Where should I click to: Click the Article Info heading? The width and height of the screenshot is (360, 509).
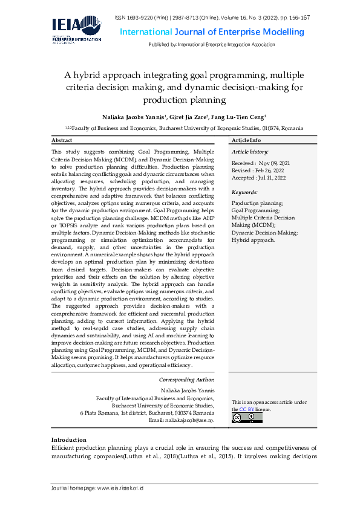(246, 140)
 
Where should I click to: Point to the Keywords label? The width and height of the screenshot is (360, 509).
(244, 192)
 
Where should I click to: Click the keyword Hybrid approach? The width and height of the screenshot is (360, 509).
(253, 239)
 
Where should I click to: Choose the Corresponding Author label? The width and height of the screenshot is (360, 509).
(186, 380)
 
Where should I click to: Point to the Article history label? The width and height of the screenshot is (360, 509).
(250, 151)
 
